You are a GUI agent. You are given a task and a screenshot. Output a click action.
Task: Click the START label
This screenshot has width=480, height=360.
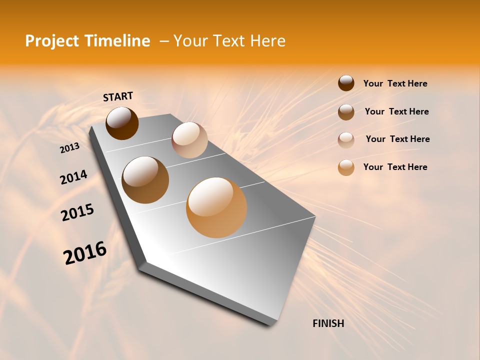(118, 96)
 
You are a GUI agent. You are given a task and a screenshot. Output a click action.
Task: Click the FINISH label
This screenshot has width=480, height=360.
(328, 323)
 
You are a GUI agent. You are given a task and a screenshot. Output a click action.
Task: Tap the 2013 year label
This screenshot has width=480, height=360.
(69, 148)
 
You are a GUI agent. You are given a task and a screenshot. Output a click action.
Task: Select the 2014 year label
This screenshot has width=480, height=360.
(73, 177)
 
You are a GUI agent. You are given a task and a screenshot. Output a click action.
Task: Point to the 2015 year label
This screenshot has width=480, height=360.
(77, 212)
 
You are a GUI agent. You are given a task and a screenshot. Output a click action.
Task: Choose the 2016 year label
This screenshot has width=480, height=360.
(84, 253)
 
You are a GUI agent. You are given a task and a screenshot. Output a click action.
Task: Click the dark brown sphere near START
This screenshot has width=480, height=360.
(122, 123)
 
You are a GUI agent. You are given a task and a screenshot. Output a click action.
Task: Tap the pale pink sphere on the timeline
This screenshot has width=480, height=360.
(189, 140)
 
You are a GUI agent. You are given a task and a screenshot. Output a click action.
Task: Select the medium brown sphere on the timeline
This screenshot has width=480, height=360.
(145, 180)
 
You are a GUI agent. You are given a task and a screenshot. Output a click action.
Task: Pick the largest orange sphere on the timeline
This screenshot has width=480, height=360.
(216, 207)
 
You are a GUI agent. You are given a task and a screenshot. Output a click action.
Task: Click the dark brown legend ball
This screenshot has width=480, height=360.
(346, 83)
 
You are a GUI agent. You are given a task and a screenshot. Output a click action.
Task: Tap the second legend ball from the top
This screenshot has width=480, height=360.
(346, 112)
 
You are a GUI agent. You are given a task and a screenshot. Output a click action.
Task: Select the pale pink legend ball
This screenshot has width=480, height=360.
(346, 140)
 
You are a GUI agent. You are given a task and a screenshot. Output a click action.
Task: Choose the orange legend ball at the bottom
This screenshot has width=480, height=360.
(346, 167)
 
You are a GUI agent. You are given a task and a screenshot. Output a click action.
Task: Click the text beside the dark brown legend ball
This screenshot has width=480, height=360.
(395, 83)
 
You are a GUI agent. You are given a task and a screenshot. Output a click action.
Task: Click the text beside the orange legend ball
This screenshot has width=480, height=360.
(395, 167)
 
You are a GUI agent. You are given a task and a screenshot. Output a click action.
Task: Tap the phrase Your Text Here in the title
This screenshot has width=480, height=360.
(229, 41)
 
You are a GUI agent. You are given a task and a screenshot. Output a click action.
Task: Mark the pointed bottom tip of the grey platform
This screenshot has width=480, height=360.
(272, 324)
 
